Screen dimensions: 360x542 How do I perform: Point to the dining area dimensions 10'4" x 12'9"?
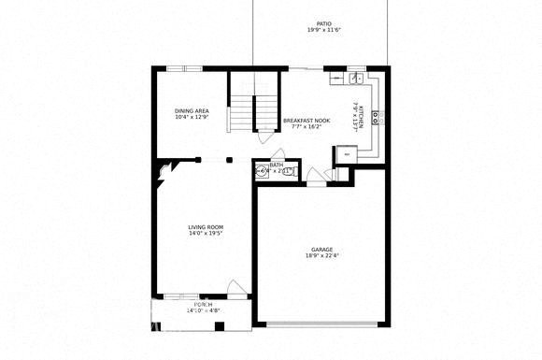[x=192, y=118]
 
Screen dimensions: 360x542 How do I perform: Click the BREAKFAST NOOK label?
[x=307, y=120]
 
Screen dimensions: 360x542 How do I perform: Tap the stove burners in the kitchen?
[x=376, y=117]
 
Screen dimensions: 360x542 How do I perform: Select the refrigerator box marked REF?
[x=348, y=152]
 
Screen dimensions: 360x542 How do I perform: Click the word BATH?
[x=277, y=165]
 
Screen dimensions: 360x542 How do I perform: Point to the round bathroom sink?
[x=261, y=171]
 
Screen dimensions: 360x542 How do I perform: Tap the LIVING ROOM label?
[x=206, y=227]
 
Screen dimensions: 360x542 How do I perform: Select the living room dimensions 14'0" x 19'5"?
[x=206, y=234]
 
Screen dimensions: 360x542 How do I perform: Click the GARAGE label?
[x=321, y=250]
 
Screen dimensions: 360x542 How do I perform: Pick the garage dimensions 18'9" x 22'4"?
[x=321, y=256]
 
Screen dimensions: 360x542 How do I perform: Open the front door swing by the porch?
[x=236, y=289]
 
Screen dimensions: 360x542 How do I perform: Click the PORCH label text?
[x=203, y=306]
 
